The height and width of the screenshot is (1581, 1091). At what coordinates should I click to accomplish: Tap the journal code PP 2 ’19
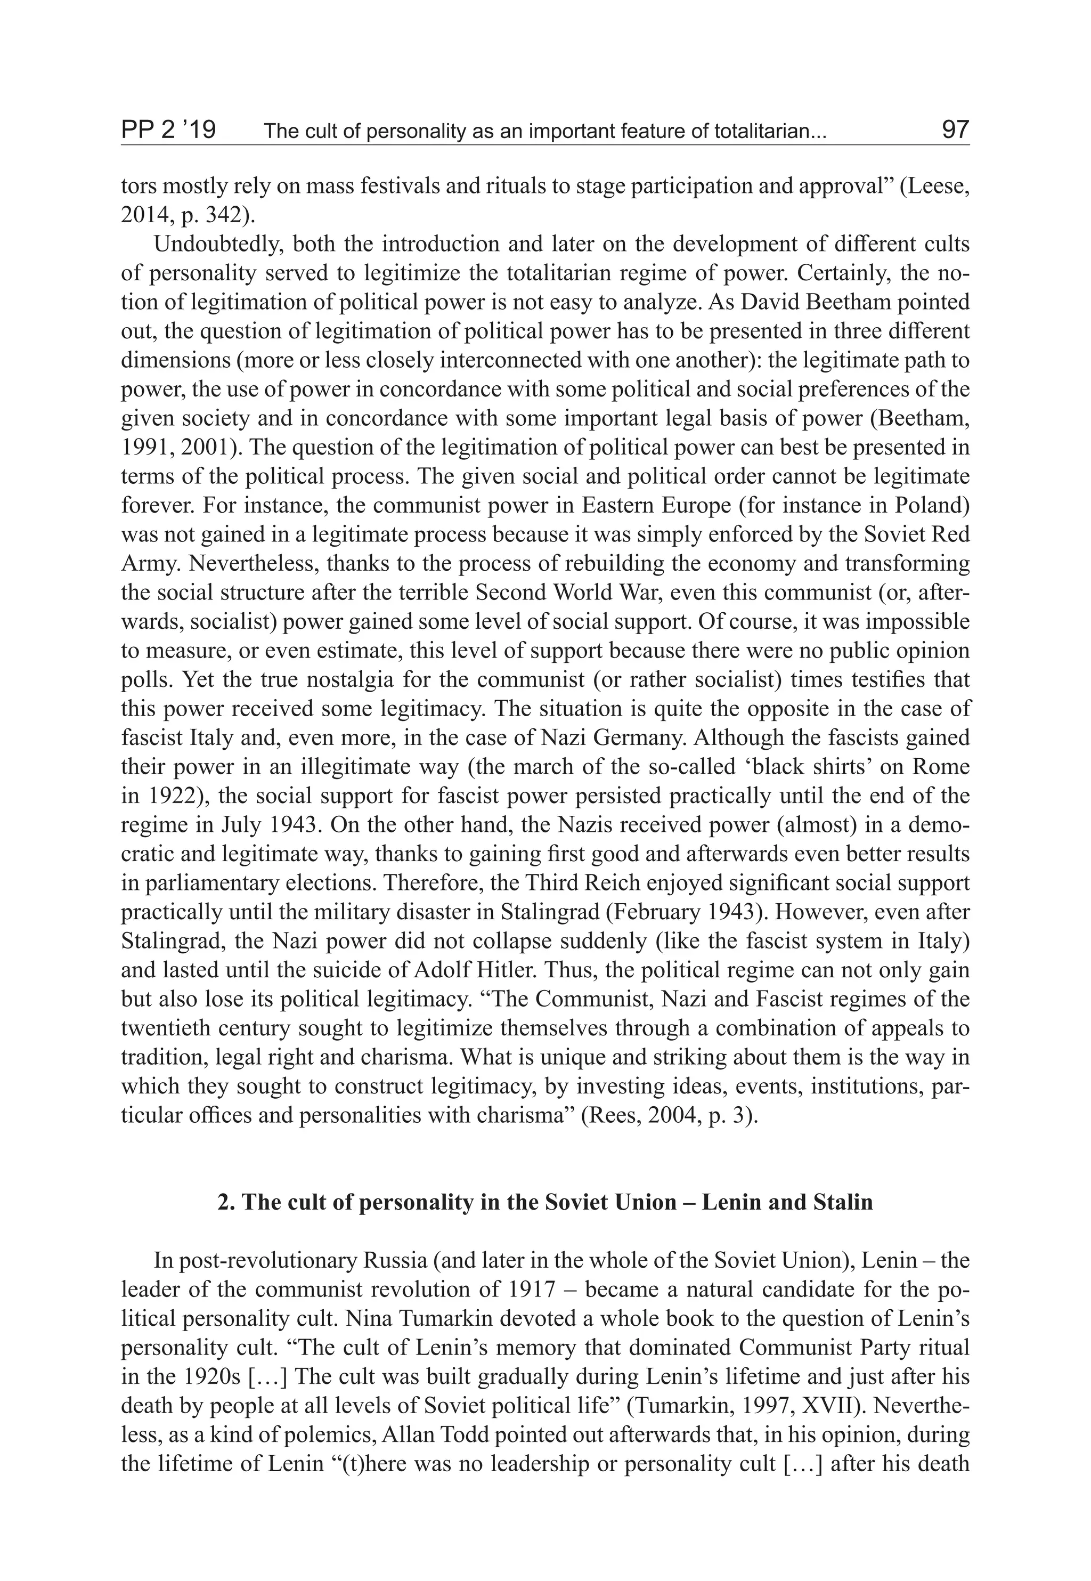coord(168,129)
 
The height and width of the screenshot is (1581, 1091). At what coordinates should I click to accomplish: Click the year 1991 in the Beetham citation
coord(142,448)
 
